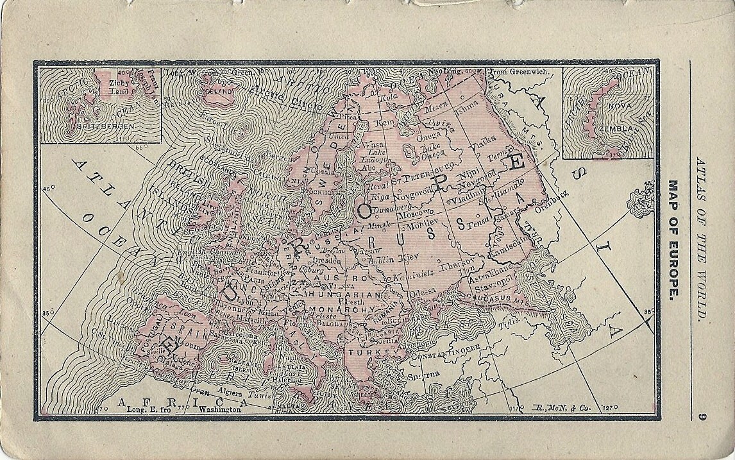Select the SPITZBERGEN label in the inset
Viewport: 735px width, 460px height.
coord(94,127)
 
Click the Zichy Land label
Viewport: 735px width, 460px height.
coord(119,87)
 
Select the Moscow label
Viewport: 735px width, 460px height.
coord(415,212)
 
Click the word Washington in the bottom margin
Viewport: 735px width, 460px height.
coord(221,409)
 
